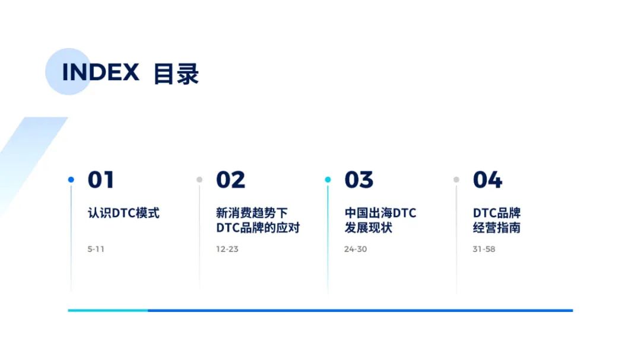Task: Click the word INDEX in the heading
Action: (x=100, y=72)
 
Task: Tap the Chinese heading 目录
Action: (x=176, y=74)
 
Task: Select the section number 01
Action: (x=101, y=180)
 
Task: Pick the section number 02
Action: (x=230, y=180)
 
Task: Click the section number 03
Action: (x=359, y=180)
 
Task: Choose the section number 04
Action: (x=488, y=180)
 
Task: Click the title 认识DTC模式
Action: (x=123, y=213)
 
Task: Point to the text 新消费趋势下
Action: (x=252, y=213)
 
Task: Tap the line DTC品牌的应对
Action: (x=258, y=228)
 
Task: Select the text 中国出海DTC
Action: (x=380, y=213)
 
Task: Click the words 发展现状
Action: (x=369, y=228)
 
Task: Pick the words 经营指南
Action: (x=497, y=228)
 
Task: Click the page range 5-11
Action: (x=96, y=249)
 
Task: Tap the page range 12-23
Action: (x=227, y=249)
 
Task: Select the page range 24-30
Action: (x=356, y=249)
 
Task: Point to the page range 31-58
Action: (x=484, y=249)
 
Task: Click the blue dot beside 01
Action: (x=71, y=179)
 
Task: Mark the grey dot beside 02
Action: (x=199, y=179)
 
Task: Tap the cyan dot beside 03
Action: (x=328, y=179)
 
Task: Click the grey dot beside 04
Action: (x=456, y=179)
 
